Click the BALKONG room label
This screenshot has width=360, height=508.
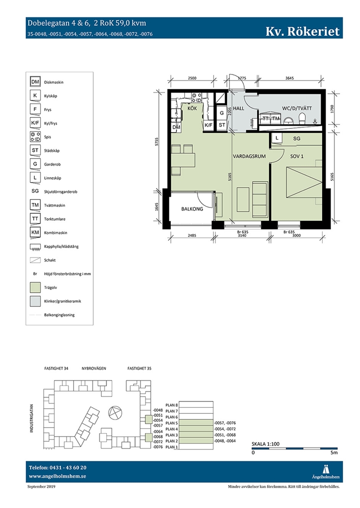pyautogui.click(x=192, y=209)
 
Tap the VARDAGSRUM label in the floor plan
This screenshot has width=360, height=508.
pyautogui.click(x=249, y=156)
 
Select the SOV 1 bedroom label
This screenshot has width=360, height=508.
pyautogui.click(x=297, y=156)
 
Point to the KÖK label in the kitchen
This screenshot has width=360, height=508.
pyautogui.click(x=192, y=108)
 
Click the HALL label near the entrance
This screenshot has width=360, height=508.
pyautogui.click(x=238, y=108)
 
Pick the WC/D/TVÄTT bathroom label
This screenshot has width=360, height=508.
pyautogui.click(x=297, y=108)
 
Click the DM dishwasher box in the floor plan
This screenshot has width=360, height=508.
pyautogui.click(x=176, y=127)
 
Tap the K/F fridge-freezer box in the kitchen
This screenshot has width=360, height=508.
pyautogui.click(x=209, y=125)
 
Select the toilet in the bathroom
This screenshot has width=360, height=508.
pyautogui.click(x=302, y=119)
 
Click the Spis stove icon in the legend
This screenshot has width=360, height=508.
pyautogui.click(x=35, y=137)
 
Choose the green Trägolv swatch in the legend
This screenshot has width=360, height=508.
pyautogui.click(x=35, y=287)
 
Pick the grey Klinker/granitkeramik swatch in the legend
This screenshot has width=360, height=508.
pyautogui.click(x=35, y=301)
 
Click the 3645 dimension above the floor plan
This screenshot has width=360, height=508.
pyautogui.click(x=289, y=78)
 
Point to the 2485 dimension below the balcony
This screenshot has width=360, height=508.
pyautogui.click(x=192, y=236)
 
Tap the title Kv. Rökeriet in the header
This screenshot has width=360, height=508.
pyautogui.click(x=302, y=31)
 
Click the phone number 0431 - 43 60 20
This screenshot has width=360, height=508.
pyautogui.click(x=68, y=468)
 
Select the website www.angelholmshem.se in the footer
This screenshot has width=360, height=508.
pyautogui.click(x=58, y=476)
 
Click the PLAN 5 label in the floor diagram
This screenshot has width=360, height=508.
pyautogui.click(x=172, y=423)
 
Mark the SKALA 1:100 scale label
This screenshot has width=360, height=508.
pyautogui.click(x=266, y=444)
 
